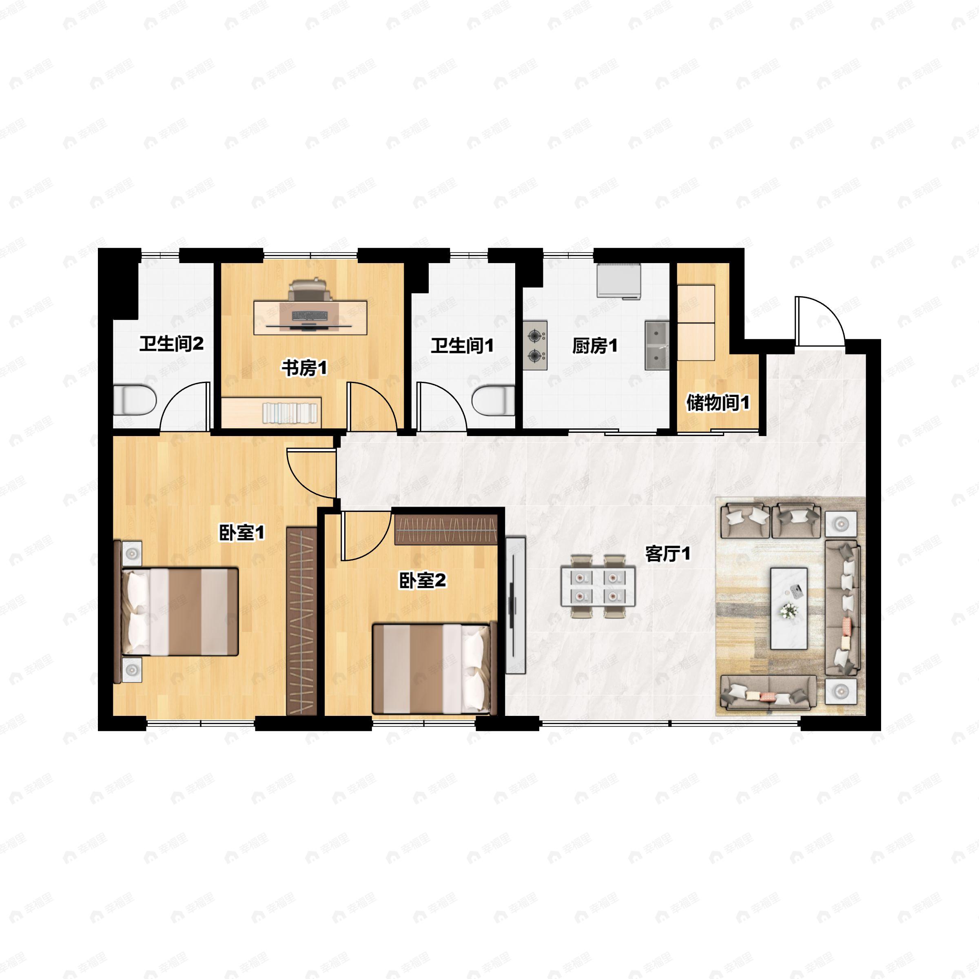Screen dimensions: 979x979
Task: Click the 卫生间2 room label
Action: click(171, 344)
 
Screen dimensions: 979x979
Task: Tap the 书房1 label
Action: click(304, 368)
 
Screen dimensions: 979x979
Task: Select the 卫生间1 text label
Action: click(462, 346)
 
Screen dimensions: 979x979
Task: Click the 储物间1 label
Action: click(718, 403)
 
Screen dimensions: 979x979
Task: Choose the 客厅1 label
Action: click(667, 554)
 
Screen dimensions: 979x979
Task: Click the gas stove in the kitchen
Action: click(535, 345)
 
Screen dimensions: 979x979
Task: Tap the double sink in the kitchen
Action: click(657, 345)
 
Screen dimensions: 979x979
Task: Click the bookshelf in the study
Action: click(271, 412)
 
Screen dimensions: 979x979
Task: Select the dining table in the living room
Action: click(598, 586)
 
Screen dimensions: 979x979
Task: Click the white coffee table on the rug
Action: click(789, 608)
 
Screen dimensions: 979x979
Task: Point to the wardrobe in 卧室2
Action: click(446, 529)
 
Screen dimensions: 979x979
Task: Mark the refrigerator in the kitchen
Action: click(619, 281)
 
